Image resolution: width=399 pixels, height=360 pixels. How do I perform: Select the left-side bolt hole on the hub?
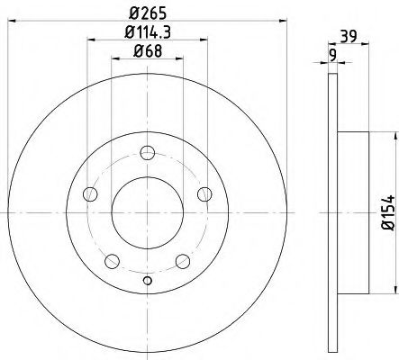coord(88,193)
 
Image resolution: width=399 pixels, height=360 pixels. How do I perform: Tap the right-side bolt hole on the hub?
coord(204,193)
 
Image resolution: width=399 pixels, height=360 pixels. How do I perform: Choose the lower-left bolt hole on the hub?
coord(111,261)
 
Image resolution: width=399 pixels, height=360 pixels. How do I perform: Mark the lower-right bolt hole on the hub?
coord(182,261)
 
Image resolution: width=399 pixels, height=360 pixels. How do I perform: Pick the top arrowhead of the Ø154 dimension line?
coord(394,135)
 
